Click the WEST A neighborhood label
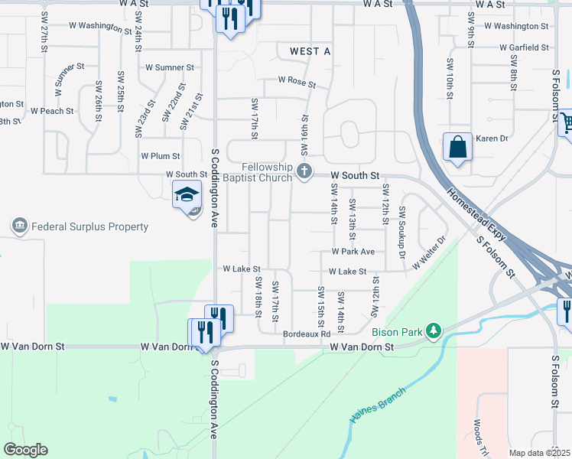[x=310, y=51]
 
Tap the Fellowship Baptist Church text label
[x=267, y=172]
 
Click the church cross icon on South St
[x=305, y=172]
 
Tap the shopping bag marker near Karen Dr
[x=457, y=147]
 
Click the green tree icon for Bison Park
[x=434, y=330]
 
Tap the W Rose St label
[x=297, y=80]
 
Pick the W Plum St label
[x=160, y=156]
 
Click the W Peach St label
[x=52, y=111]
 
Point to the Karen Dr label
[x=492, y=138]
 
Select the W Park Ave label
[x=353, y=251]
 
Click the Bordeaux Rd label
[x=306, y=334]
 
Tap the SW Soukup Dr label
[x=401, y=226]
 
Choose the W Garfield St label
[x=524, y=47]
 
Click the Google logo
[x=25, y=450]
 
